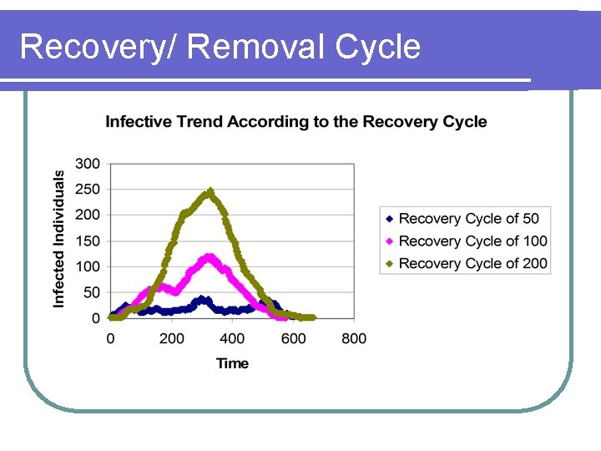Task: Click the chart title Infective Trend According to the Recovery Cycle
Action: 295,122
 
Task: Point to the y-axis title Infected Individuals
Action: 59,239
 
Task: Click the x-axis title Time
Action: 232,363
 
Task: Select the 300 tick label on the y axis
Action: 87,164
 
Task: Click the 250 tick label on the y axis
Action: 87,190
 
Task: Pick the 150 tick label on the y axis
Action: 87,241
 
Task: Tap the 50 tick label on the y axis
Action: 90,292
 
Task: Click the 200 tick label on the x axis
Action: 171,338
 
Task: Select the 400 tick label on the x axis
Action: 232,338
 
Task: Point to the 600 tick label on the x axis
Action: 293,338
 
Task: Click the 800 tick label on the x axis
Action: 354,338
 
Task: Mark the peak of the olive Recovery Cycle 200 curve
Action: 210,191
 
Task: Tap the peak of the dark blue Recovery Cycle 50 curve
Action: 200,299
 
